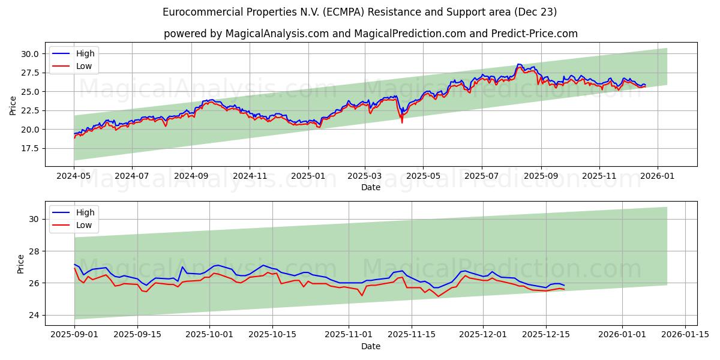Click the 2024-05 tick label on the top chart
74,176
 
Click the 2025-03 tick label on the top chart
365,176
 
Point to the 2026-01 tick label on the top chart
658,176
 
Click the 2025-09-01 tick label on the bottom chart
74,335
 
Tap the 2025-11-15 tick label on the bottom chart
412,335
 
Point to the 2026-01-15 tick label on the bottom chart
685,335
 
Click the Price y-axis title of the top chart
13,105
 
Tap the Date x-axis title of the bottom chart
371,346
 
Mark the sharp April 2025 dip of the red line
402,122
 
